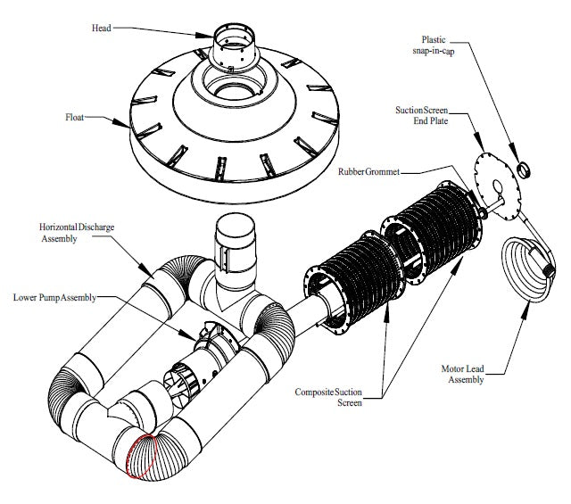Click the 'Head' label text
(102, 29)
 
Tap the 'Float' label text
(77, 116)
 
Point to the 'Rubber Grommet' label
(367, 171)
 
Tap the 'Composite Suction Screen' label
(330, 398)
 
